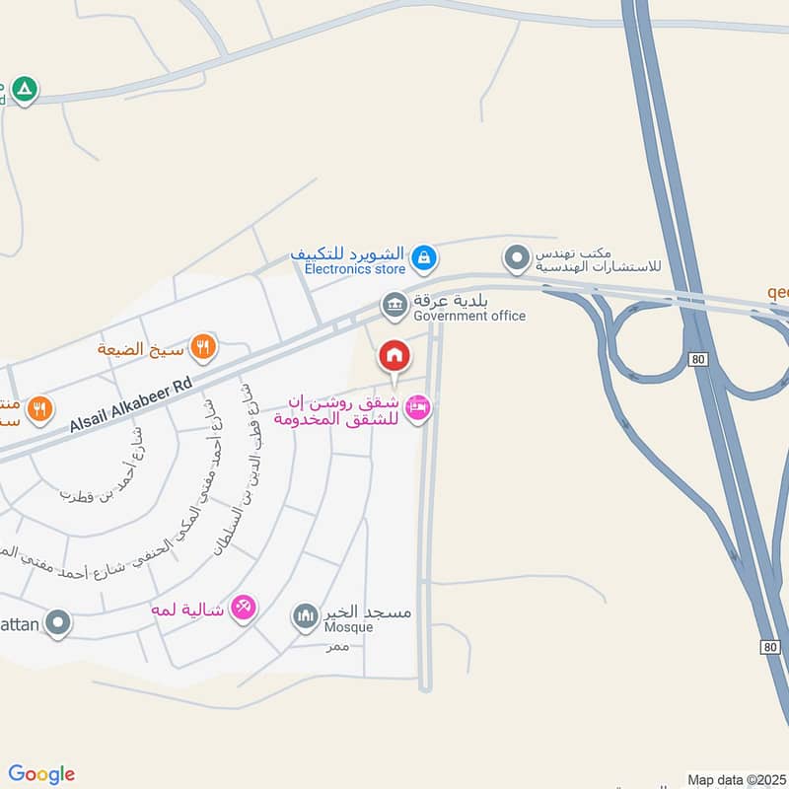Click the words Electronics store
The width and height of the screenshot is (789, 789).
pyautogui.click(x=354, y=268)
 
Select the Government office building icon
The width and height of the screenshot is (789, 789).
pyautogui.click(x=394, y=305)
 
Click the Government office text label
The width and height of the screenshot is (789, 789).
pyautogui.click(x=469, y=316)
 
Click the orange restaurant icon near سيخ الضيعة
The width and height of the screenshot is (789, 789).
pyautogui.click(x=204, y=346)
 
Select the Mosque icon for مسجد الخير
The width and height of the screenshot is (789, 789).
pyautogui.click(x=306, y=617)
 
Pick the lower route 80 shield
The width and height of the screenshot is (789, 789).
pyautogui.click(x=770, y=647)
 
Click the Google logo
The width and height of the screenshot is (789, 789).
pyautogui.click(x=41, y=774)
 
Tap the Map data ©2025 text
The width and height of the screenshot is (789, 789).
pyautogui.click(x=735, y=780)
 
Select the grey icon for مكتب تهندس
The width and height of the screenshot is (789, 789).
pyautogui.click(x=516, y=260)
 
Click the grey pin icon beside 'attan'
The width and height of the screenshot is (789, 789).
pyautogui.click(x=58, y=622)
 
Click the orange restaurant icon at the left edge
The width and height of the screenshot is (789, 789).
pyautogui.click(x=39, y=408)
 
